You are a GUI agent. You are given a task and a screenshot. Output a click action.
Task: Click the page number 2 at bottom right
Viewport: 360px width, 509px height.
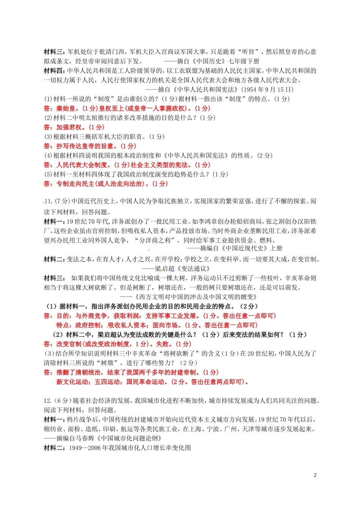315,475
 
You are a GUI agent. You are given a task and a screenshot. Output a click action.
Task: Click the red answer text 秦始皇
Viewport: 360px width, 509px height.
66,108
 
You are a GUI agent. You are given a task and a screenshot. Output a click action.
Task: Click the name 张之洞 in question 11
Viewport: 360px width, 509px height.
272,222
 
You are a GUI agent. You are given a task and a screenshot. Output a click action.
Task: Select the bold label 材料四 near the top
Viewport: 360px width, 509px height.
53,70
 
